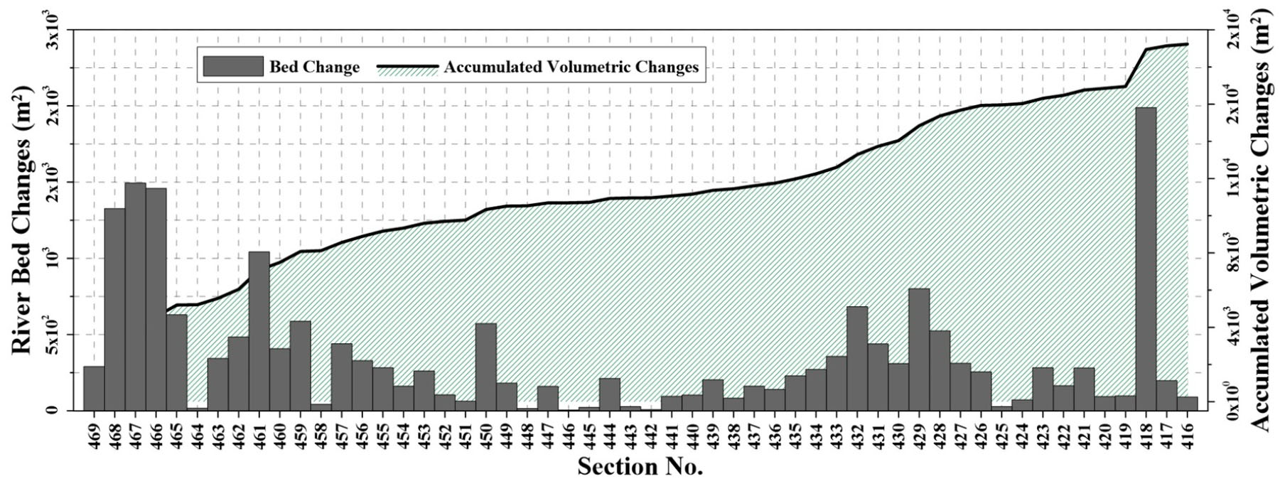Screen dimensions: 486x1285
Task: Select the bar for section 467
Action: [x=135, y=296]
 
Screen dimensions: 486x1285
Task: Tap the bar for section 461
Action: [x=259, y=330]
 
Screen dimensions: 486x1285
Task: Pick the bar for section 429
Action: [x=919, y=349]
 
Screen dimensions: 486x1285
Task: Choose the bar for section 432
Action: [x=857, y=358]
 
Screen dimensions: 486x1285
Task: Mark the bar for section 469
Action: [x=94, y=388]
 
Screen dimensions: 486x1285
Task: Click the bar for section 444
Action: [x=610, y=394]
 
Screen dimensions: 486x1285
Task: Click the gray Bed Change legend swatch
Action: [x=232, y=67]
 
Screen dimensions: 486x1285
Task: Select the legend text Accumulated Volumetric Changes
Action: [x=571, y=67]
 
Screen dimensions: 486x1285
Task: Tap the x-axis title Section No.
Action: [x=640, y=467]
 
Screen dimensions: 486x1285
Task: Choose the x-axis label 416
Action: [x=1188, y=432]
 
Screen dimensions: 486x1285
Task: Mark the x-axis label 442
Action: [x=651, y=432]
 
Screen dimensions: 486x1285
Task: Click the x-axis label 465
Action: [x=176, y=432]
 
